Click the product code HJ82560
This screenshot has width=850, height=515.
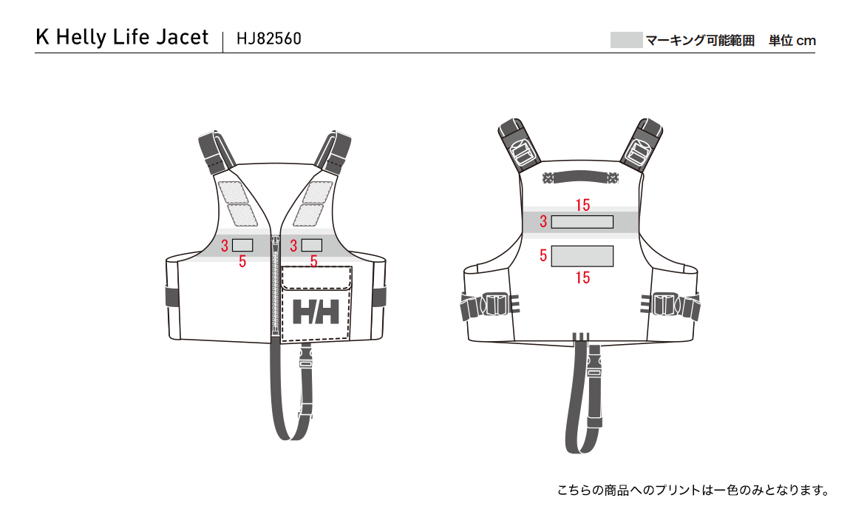click(x=269, y=38)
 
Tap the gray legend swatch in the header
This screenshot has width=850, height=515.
click(x=626, y=40)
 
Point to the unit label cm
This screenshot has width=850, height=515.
click(x=806, y=41)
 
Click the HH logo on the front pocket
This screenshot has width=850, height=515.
click(x=316, y=312)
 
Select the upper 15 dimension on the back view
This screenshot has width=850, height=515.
click(x=582, y=205)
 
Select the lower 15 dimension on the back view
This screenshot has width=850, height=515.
click(x=582, y=278)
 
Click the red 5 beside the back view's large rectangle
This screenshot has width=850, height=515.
click(x=543, y=255)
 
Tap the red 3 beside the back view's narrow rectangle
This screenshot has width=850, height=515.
click(x=543, y=221)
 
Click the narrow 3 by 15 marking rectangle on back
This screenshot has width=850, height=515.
click(x=582, y=222)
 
